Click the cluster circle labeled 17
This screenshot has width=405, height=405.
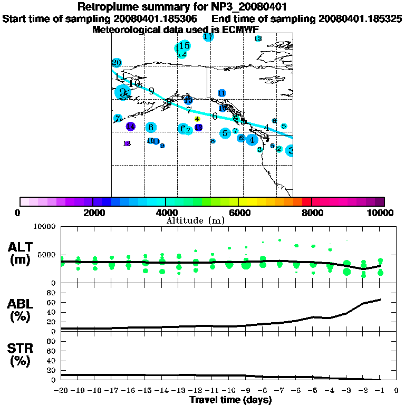coord(208,36)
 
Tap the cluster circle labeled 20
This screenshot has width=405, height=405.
coord(117,63)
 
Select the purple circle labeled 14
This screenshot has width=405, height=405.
coord(130,126)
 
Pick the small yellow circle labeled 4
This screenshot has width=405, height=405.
coord(197,119)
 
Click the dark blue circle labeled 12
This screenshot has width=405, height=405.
coord(198,127)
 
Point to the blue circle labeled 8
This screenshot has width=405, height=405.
coord(151,127)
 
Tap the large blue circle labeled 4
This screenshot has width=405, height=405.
coord(252,140)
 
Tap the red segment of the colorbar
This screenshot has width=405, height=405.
coord(306,201)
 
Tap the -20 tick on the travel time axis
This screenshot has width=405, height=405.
coord(61,391)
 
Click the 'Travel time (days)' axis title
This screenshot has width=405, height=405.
coord(230,400)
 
